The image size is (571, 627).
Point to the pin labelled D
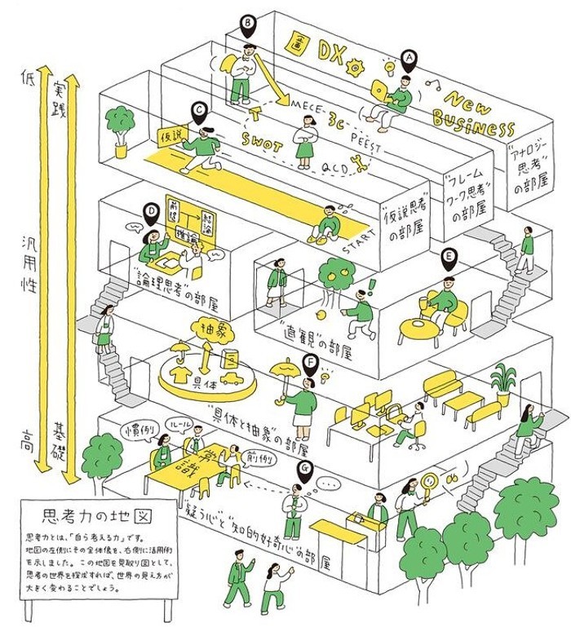151,212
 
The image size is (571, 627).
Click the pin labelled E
448,259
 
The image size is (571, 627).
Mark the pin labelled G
305,469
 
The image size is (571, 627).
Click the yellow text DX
330,54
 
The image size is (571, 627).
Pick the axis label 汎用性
31,258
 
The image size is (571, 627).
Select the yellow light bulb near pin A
391,63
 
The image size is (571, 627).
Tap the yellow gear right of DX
355,61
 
